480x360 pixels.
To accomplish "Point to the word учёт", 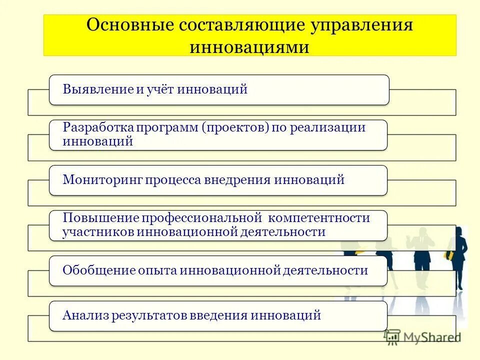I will pos(160,89).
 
